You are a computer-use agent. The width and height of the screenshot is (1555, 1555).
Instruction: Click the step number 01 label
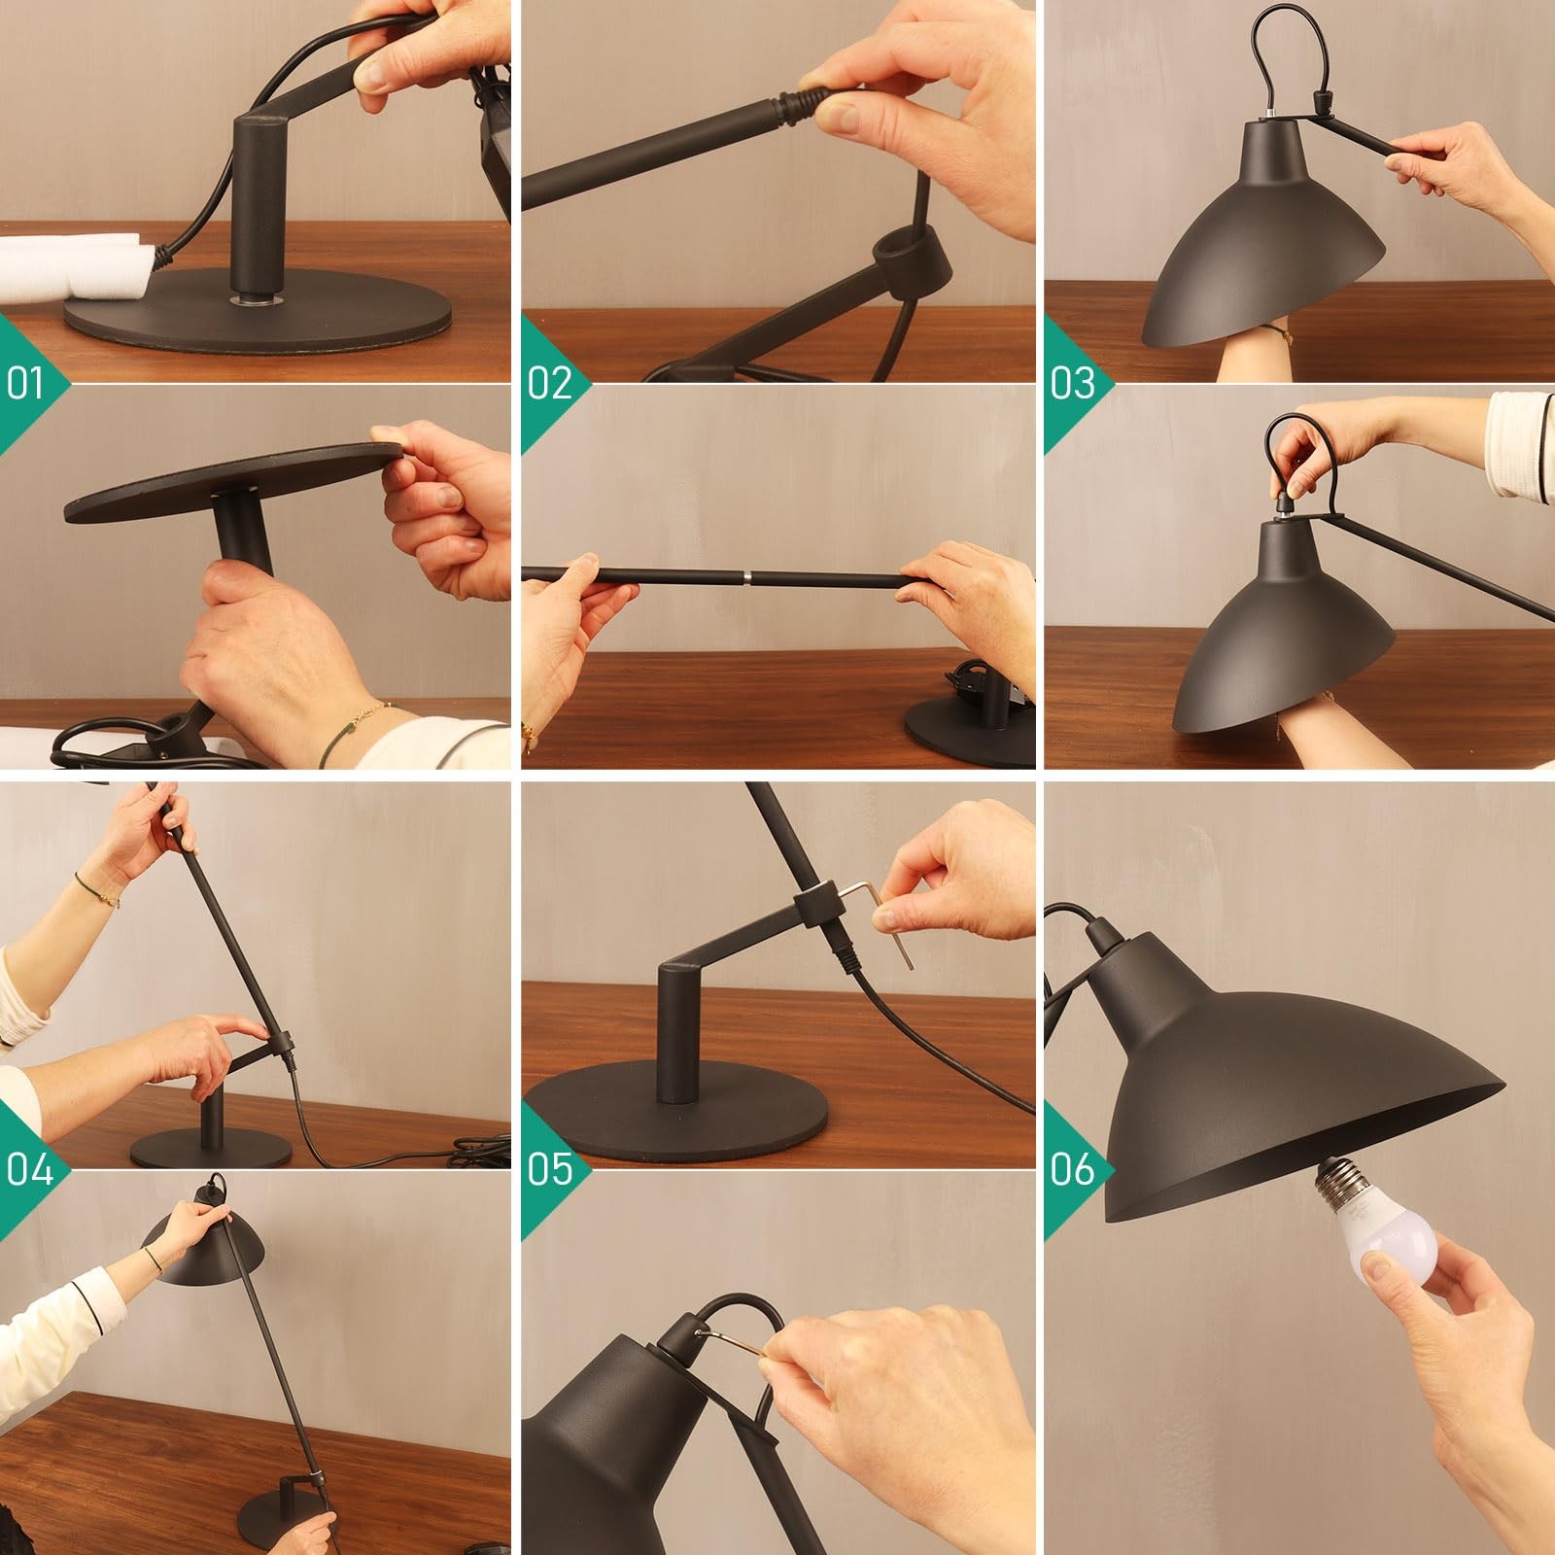25,384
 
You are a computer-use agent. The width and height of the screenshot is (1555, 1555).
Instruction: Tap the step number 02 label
549,384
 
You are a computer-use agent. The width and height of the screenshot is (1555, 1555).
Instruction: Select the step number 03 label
1073,384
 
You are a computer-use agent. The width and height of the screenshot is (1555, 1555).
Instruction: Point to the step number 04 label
29,1170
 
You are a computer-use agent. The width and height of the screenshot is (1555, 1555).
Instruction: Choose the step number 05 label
550,1170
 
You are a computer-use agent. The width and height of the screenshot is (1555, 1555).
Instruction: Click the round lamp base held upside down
233,480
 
